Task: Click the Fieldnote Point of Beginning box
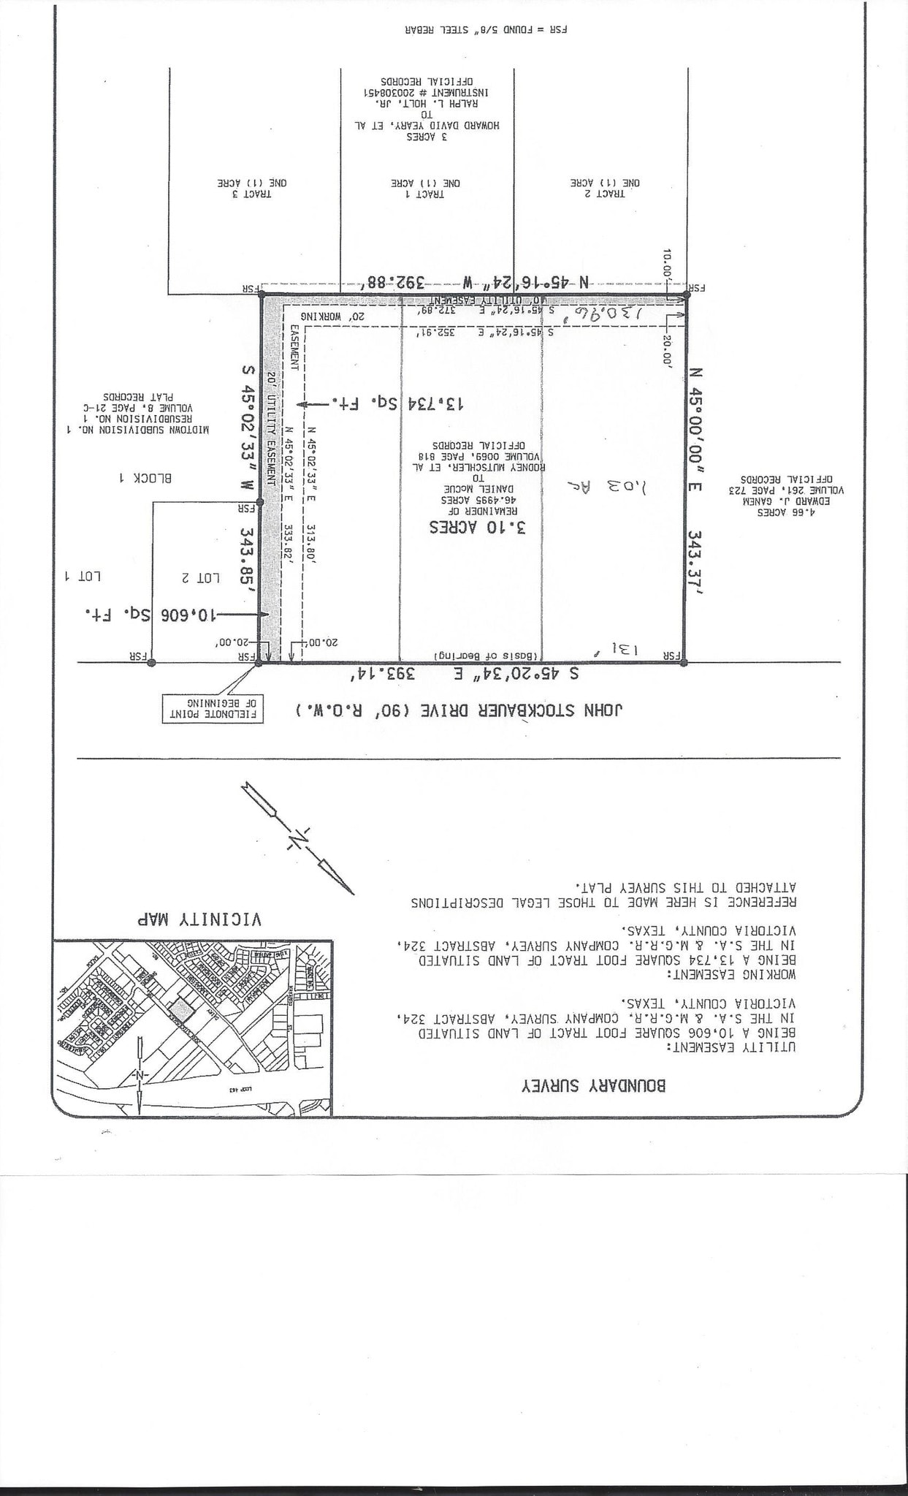tap(212, 708)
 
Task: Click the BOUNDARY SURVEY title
tap(593, 1085)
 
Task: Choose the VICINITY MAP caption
tap(199, 919)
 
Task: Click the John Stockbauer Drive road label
tap(460, 710)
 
